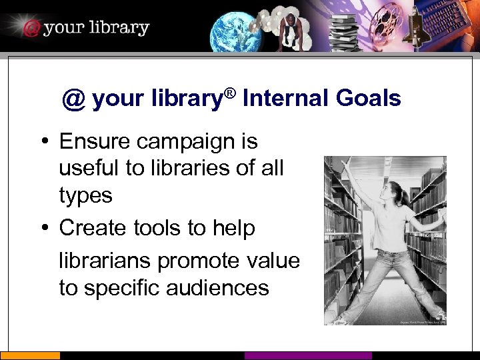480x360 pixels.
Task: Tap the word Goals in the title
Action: [368, 99]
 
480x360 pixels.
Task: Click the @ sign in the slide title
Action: [73, 99]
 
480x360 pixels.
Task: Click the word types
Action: [86, 195]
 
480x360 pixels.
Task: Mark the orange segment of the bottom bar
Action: [30, 355]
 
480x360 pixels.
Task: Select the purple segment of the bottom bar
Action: [308, 355]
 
